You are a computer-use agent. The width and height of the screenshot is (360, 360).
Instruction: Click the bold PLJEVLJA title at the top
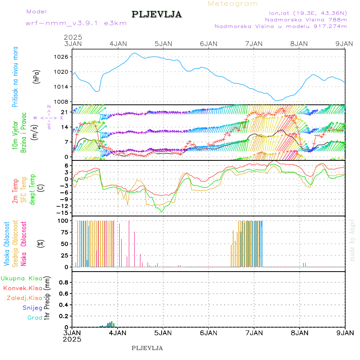point(156,15)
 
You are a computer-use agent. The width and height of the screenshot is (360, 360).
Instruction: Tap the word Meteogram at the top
point(233,4)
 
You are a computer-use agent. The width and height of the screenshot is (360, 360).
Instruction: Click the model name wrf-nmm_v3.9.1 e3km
point(76,23)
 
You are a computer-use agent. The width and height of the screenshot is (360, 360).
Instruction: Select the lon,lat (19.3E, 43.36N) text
point(308,12)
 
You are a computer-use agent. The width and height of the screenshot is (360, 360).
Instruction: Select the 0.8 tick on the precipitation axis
point(64,282)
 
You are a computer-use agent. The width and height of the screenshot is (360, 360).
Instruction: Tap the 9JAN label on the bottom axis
point(345,332)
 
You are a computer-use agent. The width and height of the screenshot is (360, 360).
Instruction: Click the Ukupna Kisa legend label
point(21,278)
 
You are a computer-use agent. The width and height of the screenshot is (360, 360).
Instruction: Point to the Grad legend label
point(35,318)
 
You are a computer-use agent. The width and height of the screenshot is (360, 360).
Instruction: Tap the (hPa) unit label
point(36,76)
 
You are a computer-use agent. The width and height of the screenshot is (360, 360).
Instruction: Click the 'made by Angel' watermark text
point(352,240)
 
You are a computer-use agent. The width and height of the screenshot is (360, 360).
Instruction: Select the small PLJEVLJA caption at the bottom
point(147,348)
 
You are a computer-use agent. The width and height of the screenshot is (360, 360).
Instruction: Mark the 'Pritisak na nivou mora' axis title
point(16,78)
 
